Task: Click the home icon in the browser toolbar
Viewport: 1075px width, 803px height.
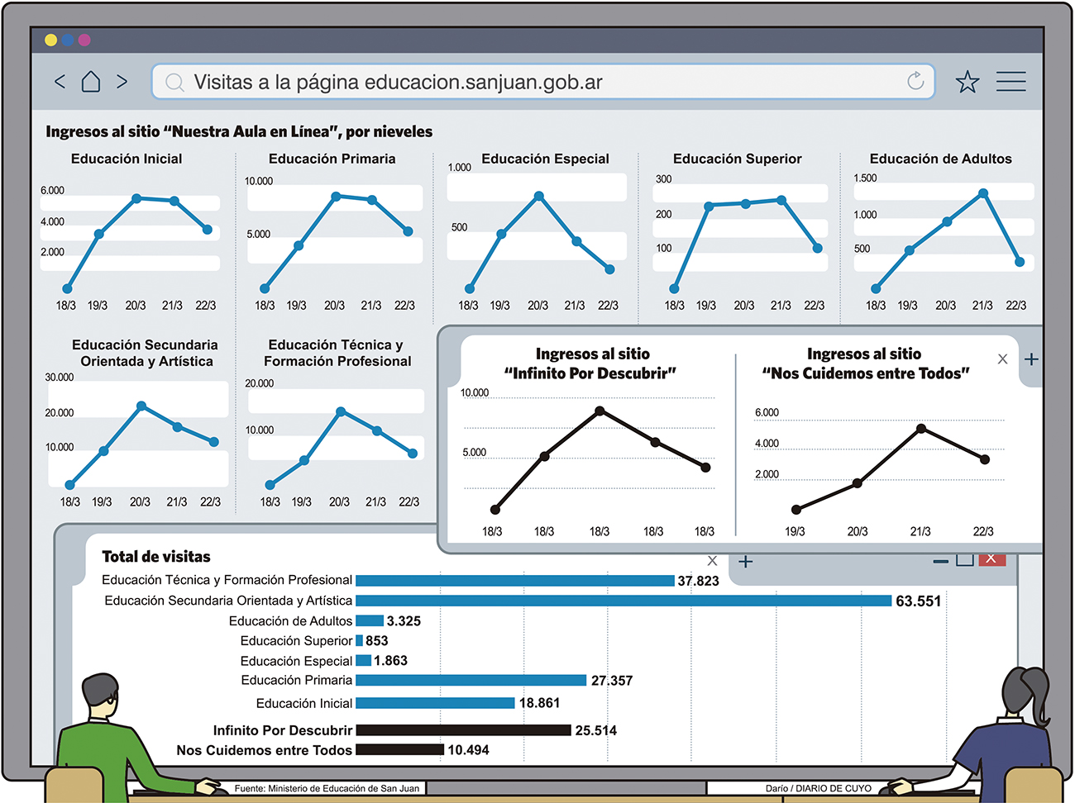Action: pos(91,82)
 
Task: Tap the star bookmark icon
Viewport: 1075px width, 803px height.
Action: pos(967,82)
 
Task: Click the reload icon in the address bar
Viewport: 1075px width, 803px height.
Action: pos(915,81)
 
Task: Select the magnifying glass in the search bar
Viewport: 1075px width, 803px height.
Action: pos(174,83)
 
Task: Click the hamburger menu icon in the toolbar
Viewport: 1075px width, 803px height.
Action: pos(1010,81)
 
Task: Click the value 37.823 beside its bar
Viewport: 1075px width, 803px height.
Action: pos(698,581)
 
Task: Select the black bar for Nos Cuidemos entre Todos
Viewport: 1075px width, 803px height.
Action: pos(399,750)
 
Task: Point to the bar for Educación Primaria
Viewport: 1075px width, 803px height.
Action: pos(471,681)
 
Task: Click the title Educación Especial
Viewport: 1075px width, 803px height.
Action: pos(545,159)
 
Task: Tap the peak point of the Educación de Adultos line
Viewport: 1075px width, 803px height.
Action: pos(983,193)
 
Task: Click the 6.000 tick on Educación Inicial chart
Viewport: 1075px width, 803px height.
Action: pos(52,191)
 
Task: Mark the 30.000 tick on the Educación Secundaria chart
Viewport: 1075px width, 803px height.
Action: pos(60,378)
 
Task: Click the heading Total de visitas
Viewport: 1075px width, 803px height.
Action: pos(156,557)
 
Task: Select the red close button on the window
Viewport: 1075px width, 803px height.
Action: pos(992,559)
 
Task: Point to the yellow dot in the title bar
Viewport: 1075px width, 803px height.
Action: pos(51,40)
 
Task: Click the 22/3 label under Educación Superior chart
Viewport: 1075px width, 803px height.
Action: pos(815,306)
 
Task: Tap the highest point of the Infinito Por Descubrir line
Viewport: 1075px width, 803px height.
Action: pos(600,411)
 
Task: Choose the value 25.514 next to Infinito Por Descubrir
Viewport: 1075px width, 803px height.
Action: pos(595,730)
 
